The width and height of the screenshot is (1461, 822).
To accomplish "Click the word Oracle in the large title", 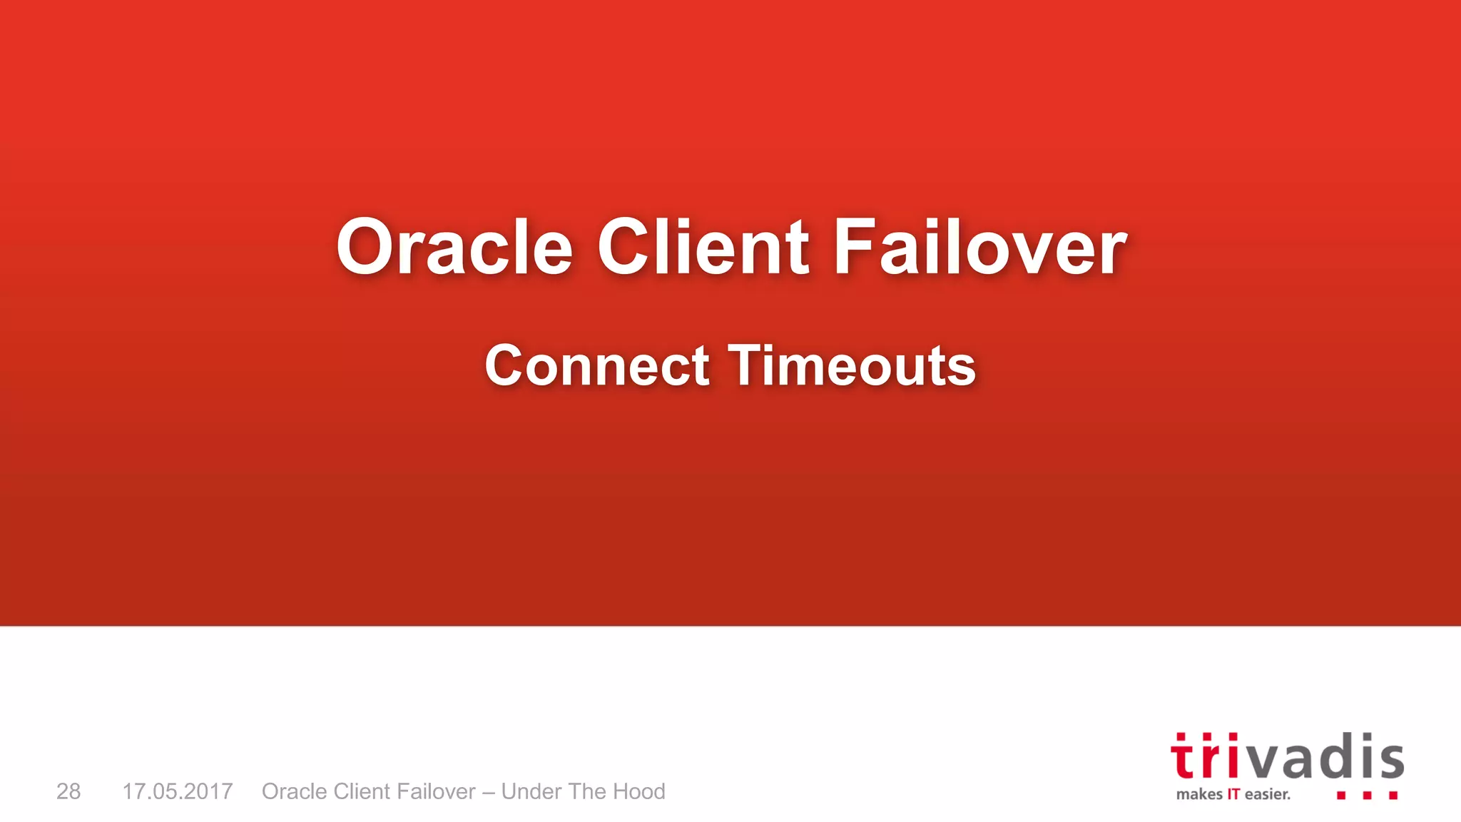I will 454,248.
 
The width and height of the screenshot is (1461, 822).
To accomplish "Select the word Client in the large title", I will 703,248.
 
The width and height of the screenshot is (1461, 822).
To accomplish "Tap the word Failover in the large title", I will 980,248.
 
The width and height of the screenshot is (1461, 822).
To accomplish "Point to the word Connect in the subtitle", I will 597,366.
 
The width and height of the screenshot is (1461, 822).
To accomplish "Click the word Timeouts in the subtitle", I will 852,366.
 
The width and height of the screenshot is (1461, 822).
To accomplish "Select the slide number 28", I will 68,791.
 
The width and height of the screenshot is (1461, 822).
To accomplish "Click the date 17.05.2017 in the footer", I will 178,791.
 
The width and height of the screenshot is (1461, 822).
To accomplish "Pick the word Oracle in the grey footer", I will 294,791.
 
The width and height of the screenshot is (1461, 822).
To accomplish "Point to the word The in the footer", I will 587,791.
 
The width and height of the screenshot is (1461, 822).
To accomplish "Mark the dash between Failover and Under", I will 489,792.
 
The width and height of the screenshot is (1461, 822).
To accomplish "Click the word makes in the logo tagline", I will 1199,794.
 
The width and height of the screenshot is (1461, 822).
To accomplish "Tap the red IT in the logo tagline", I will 1233,794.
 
